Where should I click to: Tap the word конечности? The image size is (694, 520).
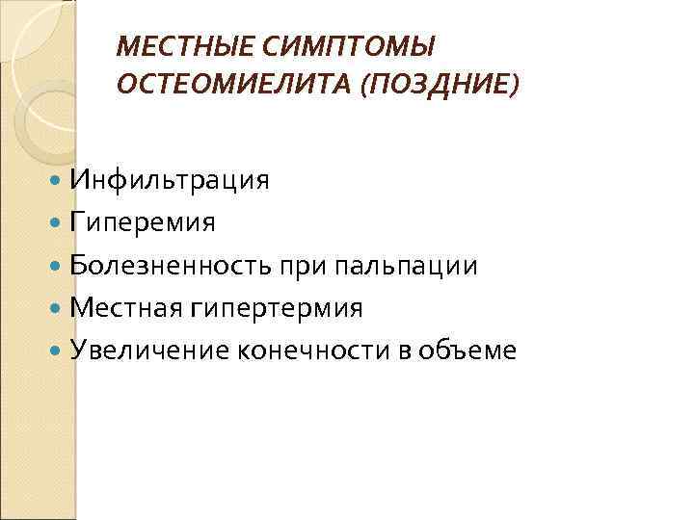point(308,351)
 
